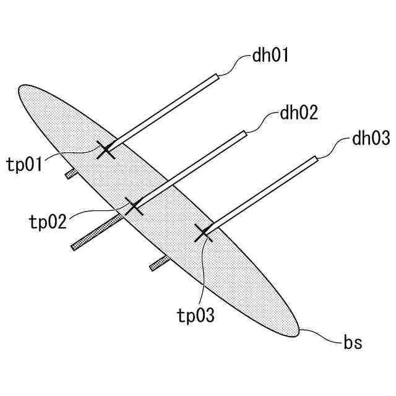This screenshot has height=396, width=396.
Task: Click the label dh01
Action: [x=271, y=57]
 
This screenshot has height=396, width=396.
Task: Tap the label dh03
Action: [x=371, y=138]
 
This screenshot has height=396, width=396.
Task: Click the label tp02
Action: [x=48, y=222]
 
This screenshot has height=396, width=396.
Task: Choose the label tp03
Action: [x=196, y=316]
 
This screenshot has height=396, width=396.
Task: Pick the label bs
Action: [x=353, y=341]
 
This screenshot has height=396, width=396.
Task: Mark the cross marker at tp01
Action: [x=106, y=149]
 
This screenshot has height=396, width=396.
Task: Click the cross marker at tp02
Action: [x=134, y=206]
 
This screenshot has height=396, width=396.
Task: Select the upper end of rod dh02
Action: [x=244, y=132]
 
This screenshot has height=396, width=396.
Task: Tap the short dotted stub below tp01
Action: [x=71, y=174]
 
